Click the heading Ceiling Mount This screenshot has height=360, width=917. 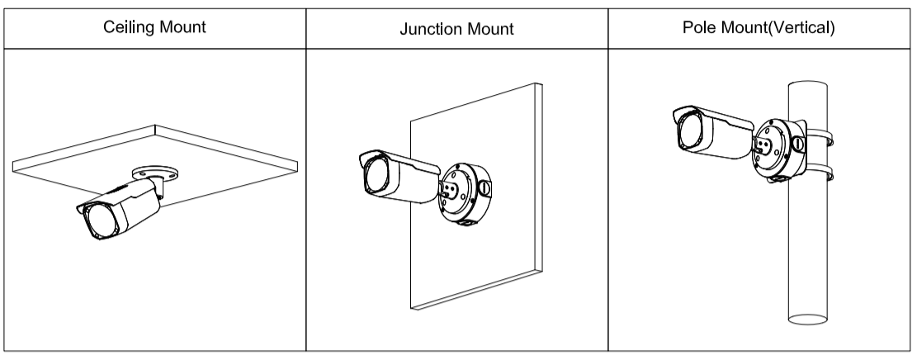click(x=154, y=27)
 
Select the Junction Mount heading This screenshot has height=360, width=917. click(x=456, y=29)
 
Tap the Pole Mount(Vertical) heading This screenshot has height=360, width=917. click(x=759, y=27)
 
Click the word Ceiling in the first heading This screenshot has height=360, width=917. click(x=123, y=27)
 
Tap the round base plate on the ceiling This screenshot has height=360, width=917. click(x=155, y=173)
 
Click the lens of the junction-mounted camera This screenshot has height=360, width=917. click(x=376, y=174)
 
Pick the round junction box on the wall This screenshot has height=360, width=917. click(x=465, y=194)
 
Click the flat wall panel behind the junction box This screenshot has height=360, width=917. click(x=476, y=196)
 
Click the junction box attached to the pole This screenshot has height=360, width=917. click(x=779, y=150)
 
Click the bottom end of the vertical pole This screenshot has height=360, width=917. click(x=808, y=319)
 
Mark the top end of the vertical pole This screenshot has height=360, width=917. click(x=808, y=85)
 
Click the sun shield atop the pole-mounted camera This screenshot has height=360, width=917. click(x=713, y=116)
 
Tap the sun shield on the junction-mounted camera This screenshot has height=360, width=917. click(x=399, y=160)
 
